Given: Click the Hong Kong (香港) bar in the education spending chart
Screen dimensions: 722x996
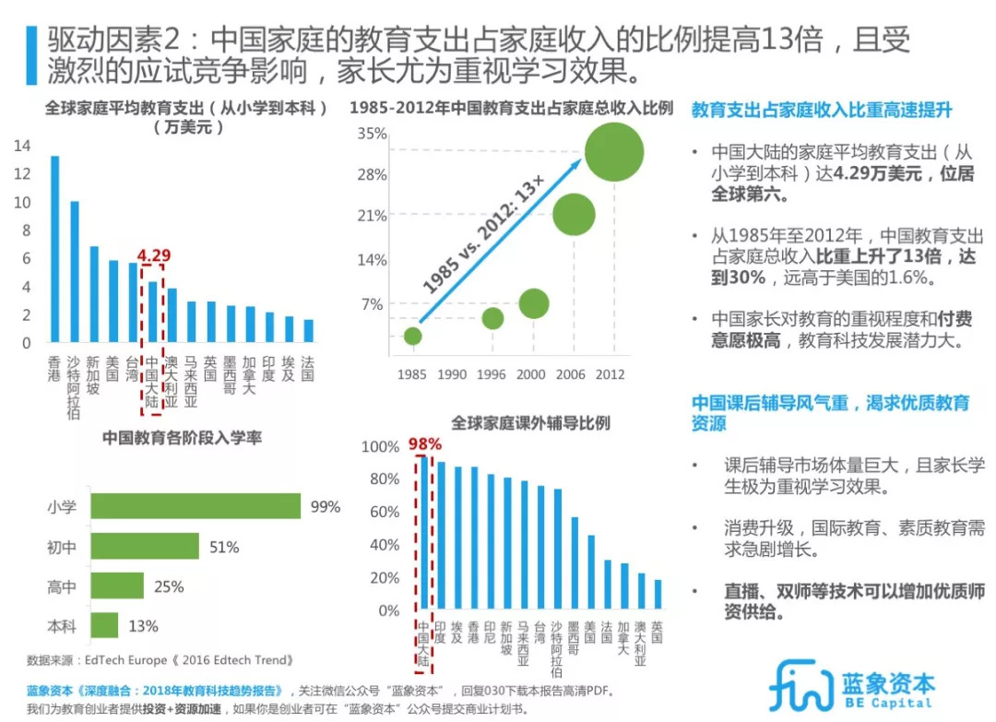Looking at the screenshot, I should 54,249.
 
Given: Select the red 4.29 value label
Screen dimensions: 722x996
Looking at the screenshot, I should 154,255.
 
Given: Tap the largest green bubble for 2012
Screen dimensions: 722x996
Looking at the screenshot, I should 613,152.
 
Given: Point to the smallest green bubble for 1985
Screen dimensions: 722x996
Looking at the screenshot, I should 413,336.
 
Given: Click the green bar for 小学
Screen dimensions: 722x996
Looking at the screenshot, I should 196,506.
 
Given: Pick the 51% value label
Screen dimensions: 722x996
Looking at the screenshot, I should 224,548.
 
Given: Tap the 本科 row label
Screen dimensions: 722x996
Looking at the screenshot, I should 62,626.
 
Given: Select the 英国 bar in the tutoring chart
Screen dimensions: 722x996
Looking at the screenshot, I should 658,595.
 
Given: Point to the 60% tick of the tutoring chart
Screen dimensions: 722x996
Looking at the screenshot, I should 381,513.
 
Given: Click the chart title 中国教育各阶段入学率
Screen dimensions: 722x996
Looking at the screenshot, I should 182,438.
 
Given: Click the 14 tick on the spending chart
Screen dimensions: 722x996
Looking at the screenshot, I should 22,146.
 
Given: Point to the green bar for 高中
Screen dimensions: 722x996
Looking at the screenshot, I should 118,586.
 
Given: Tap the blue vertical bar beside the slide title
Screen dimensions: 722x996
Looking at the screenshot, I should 32,54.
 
